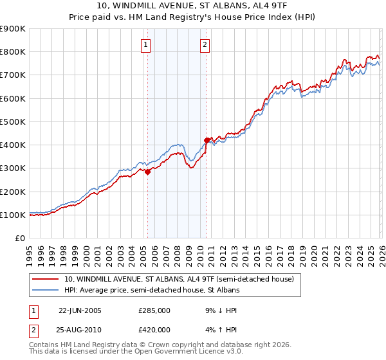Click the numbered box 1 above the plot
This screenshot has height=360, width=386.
tap(147, 44)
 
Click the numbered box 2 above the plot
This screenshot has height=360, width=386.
tap(205, 44)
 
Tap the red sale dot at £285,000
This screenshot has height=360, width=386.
tap(147, 172)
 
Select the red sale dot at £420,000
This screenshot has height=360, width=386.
tap(207, 140)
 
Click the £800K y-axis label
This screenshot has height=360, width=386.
tap(13, 52)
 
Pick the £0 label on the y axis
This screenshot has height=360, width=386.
tap(19, 238)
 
